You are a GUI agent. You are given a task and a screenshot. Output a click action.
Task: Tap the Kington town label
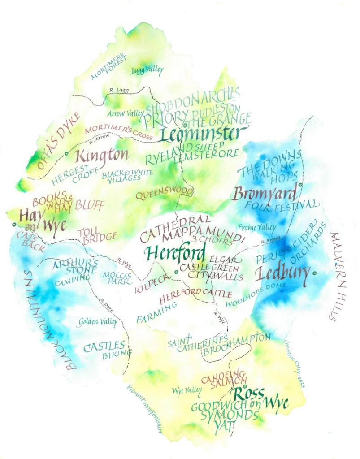[x=102, y=156]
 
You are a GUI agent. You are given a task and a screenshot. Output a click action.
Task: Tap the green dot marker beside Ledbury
[x=315, y=273]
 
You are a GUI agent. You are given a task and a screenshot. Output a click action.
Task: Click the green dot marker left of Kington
[x=66, y=154]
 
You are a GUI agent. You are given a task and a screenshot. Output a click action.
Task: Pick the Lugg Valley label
[x=147, y=70]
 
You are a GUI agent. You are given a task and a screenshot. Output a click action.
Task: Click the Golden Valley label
[x=98, y=321]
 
